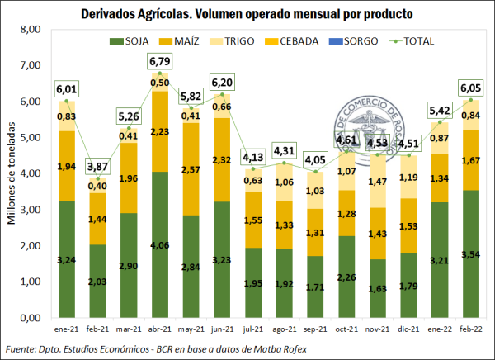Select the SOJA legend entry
139,41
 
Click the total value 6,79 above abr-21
159,62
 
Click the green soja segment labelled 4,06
159,244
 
